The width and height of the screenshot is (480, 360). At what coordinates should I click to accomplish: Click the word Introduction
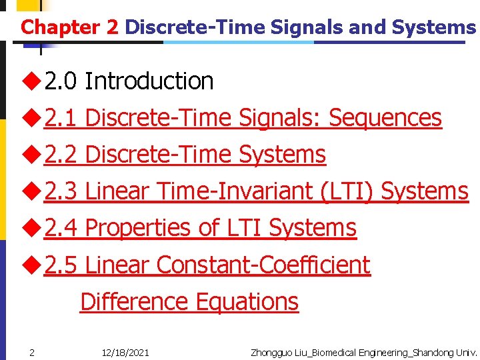tap(149, 81)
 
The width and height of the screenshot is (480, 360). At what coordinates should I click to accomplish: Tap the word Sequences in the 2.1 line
tap(385, 118)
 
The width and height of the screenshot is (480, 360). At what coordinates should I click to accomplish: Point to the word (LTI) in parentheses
tap(347, 191)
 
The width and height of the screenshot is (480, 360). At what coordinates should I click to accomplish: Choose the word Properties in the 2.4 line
tap(138, 228)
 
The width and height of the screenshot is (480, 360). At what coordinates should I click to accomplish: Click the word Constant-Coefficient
tap(263, 265)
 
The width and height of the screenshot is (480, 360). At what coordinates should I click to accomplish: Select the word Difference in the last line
tap(133, 301)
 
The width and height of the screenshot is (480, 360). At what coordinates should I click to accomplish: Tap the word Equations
tap(245, 301)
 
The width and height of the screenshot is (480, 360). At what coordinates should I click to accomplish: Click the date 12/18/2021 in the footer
tap(125, 352)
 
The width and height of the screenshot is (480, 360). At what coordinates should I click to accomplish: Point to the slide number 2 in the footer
tap(31, 352)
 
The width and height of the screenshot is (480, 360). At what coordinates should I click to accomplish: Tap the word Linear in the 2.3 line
tap(118, 191)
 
